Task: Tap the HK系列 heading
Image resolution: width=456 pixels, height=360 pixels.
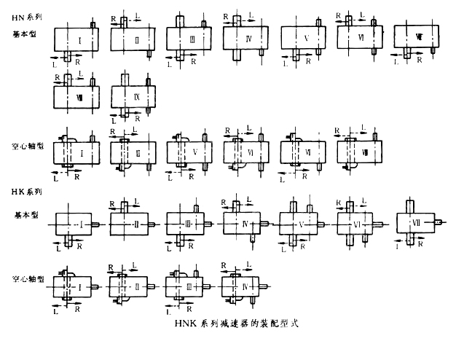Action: tap(26, 192)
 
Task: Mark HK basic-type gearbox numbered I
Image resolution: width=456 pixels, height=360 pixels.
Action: tap(78, 222)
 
